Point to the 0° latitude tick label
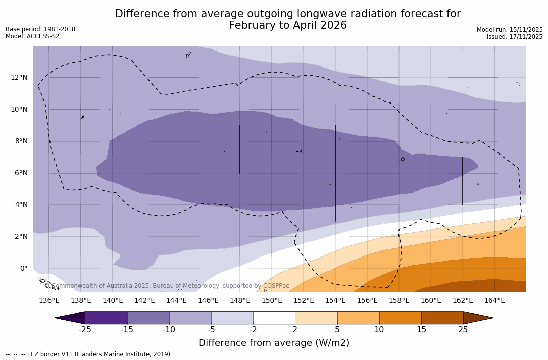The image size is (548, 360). pos(23,269)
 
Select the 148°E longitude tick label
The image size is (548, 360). pos(240,301)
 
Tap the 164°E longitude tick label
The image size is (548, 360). pos(494,301)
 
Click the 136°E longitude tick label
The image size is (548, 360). pos(49,301)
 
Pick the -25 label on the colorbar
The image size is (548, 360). pos(85,330)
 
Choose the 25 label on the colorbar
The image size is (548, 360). pos(463,330)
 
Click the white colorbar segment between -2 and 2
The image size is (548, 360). pos(274,318)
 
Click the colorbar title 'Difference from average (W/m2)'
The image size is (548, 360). pos(274,343)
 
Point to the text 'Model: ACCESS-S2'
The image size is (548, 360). pos(32,36)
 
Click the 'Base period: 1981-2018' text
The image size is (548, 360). pos(40,29)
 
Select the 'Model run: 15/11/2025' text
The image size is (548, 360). pos(510,30)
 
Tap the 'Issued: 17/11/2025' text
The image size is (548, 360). pos(515,37)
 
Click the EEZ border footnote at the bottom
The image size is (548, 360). pos(89,354)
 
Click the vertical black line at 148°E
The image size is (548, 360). pos(240,149)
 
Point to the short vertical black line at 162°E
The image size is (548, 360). pos(463,181)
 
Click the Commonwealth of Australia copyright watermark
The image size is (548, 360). pos(167,286)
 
